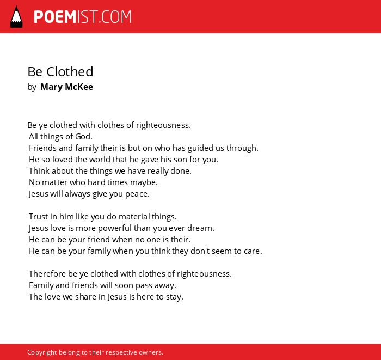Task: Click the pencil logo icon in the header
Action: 16,17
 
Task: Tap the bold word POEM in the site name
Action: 55,17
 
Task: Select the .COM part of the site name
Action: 115,17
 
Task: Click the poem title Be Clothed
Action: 60,72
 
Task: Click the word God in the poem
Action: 84,137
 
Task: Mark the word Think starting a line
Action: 39,171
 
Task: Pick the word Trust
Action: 39,217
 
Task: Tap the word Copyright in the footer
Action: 42,352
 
